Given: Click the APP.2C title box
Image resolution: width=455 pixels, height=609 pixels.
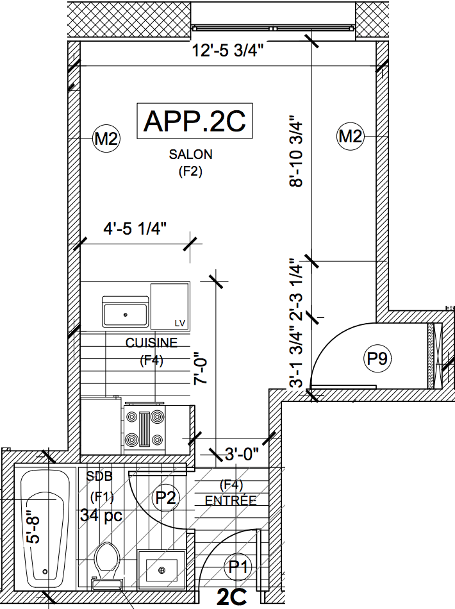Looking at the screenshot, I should pyautogui.click(x=194, y=121).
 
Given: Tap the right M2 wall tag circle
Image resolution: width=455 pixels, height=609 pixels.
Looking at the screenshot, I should pyautogui.click(x=351, y=137).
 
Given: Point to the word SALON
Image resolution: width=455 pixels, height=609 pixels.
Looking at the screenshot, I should pyautogui.click(x=190, y=154).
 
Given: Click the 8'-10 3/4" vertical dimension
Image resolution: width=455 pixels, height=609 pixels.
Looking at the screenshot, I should pyautogui.click(x=295, y=151).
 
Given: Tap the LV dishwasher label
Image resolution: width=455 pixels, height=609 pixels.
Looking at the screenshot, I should pyautogui.click(x=179, y=322).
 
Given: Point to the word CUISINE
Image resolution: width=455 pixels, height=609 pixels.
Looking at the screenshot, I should pyautogui.click(x=151, y=343).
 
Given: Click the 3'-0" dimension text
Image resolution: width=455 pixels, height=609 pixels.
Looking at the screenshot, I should pyautogui.click(x=242, y=455).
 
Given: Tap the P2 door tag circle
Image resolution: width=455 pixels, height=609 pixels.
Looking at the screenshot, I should pyautogui.click(x=166, y=497).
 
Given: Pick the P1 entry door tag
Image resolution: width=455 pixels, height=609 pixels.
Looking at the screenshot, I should pyautogui.click(x=238, y=566).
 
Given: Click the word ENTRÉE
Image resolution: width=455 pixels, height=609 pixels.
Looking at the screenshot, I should pyautogui.click(x=230, y=501).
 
